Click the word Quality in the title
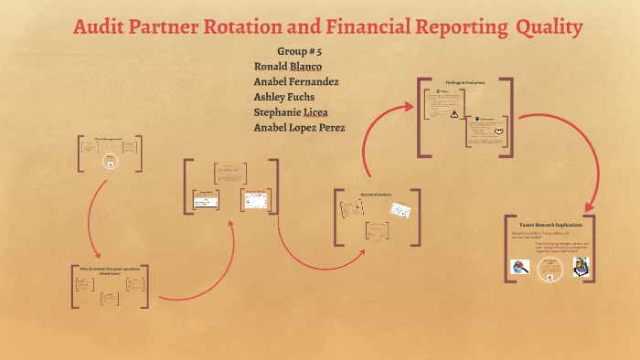click(x=549, y=28)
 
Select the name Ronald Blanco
click(x=287, y=67)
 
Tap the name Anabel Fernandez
click(x=296, y=81)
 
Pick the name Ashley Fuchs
click(x=283, y=97)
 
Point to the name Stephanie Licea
click(x=291, y=111)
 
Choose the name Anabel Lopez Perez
click(x=299, y=127)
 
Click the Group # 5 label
click(x=298, y=51)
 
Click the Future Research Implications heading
click(x=550, y=225)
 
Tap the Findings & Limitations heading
click(x=464, y=83)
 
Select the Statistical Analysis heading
click(x=375, y=195)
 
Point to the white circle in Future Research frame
click(x=549, y=267)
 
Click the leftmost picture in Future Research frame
click(x=519, y=267)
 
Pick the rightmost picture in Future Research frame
click(x=579, y=267)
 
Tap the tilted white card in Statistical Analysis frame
click(x=400, y=209)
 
